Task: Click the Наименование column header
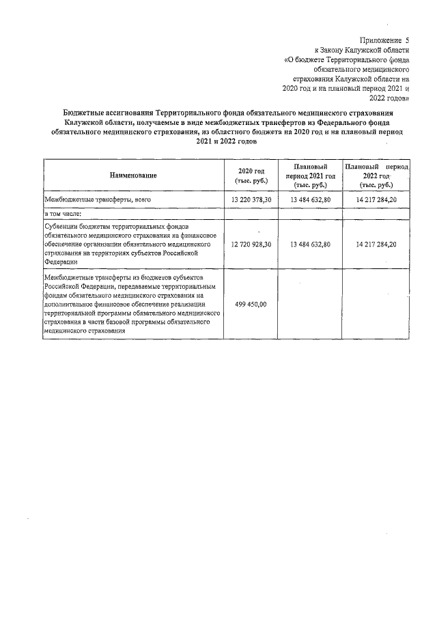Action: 133,175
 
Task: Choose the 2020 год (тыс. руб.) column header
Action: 250,175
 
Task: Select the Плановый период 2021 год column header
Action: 310,175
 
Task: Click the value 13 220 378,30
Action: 251,199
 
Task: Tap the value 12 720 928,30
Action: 251,244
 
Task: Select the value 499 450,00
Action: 251,305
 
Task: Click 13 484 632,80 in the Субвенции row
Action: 310,244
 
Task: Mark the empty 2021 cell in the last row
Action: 310,305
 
